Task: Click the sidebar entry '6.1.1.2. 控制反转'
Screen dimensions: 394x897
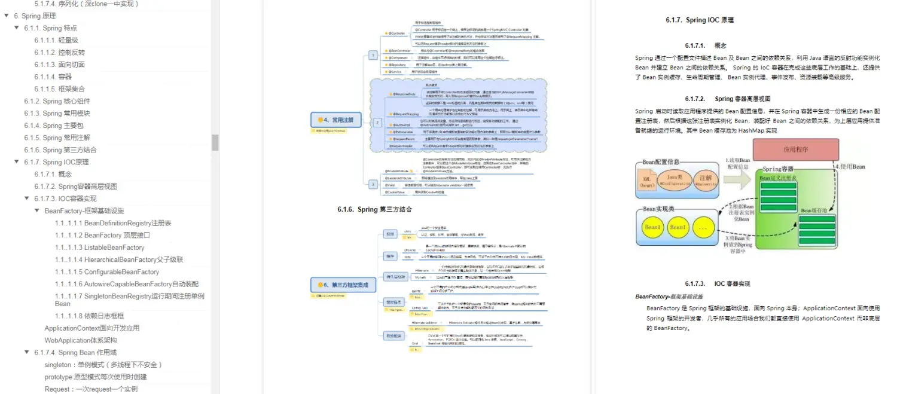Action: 59,52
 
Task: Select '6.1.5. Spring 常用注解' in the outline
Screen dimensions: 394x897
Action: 57,138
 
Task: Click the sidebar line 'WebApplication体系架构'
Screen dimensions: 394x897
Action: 81,340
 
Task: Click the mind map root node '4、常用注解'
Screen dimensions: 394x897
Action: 337,120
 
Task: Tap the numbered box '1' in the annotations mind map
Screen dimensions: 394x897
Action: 373,55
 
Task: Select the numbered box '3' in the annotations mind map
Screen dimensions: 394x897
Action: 373,184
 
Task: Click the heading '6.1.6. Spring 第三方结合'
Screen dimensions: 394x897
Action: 374,209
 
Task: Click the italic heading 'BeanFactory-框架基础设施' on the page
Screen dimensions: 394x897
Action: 669,297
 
